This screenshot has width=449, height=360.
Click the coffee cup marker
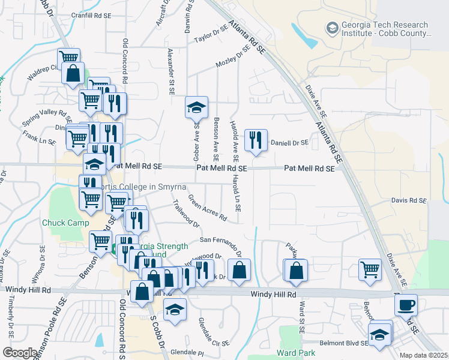(406, 305)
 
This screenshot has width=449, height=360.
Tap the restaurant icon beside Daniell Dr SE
(256, 140)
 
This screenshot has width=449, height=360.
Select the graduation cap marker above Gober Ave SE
(196, 107)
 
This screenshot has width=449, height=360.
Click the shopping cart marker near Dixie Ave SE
(370, 269)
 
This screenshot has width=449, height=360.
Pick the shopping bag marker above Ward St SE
(296, 270)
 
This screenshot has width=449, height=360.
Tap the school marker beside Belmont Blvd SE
(379, 334)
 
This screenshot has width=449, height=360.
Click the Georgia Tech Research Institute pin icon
(331, 28)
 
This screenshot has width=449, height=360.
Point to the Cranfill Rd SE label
(91, 16)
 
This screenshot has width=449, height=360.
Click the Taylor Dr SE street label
(211, 35)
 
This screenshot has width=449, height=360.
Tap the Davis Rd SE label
(408, 200)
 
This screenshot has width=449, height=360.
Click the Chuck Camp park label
(61, 223)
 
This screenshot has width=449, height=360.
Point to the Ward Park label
(296, 352)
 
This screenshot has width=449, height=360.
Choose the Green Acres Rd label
(207, 207)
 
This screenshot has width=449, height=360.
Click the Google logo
(19, 353)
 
